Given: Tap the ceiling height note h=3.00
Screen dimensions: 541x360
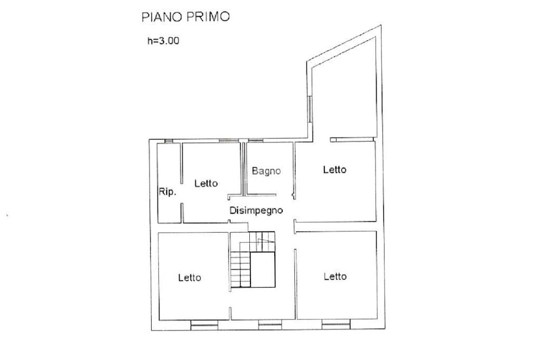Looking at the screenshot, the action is click(x=164, y=41).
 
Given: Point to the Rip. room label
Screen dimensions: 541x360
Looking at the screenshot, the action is click(x=167, y=192).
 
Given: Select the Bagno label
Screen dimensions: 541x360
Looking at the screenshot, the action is click(x=266, y=171).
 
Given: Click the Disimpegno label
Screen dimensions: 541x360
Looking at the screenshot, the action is click(x=256, y=210).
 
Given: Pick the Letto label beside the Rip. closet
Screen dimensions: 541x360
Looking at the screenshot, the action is click(x=206, y=183).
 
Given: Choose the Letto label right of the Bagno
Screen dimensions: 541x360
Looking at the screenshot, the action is click(x=334, y=169).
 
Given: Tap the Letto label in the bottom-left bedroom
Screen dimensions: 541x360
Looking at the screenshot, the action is click(x=190, y=277).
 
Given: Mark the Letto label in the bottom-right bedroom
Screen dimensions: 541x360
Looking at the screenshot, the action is click(x=335, y=276).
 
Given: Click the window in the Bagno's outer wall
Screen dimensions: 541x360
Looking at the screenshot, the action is click(x=256, y=140).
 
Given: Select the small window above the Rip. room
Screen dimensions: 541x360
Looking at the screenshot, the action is click(x=169, y=141).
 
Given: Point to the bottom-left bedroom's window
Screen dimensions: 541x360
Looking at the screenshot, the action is click(x=204, y=325).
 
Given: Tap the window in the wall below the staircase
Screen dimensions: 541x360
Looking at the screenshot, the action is click(x=270, y=325).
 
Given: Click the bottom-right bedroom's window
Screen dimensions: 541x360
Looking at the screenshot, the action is click(x=336, y=324).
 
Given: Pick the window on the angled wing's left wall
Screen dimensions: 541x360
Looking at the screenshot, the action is click(x=310, y=109).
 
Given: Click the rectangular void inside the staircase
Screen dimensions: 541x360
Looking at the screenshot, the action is click(x=263, y=269).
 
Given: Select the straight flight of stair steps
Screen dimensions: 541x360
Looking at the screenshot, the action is click(x=240, y=269).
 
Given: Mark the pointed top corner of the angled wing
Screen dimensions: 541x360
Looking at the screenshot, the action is click(x=381, y=25).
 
